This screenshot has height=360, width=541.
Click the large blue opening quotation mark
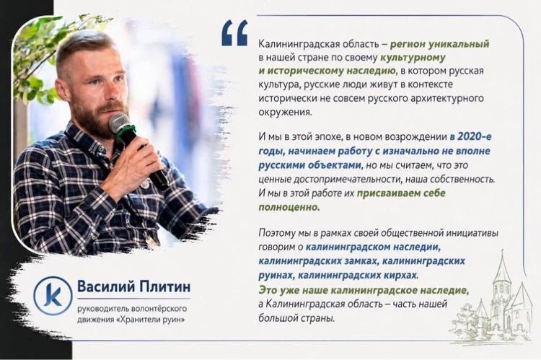click(234, 32)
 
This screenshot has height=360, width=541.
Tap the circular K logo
click(53, 296)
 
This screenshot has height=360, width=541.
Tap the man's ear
click(61, 89)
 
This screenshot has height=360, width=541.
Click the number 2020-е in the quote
click(475, 136)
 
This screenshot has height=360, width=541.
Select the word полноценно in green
click(289, 207)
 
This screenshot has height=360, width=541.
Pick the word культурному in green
click(413, 57)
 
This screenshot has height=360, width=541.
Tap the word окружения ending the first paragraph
click(285, 112)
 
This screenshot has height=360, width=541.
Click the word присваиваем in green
click(389, 193)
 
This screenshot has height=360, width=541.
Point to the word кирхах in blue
click(400, 276)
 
